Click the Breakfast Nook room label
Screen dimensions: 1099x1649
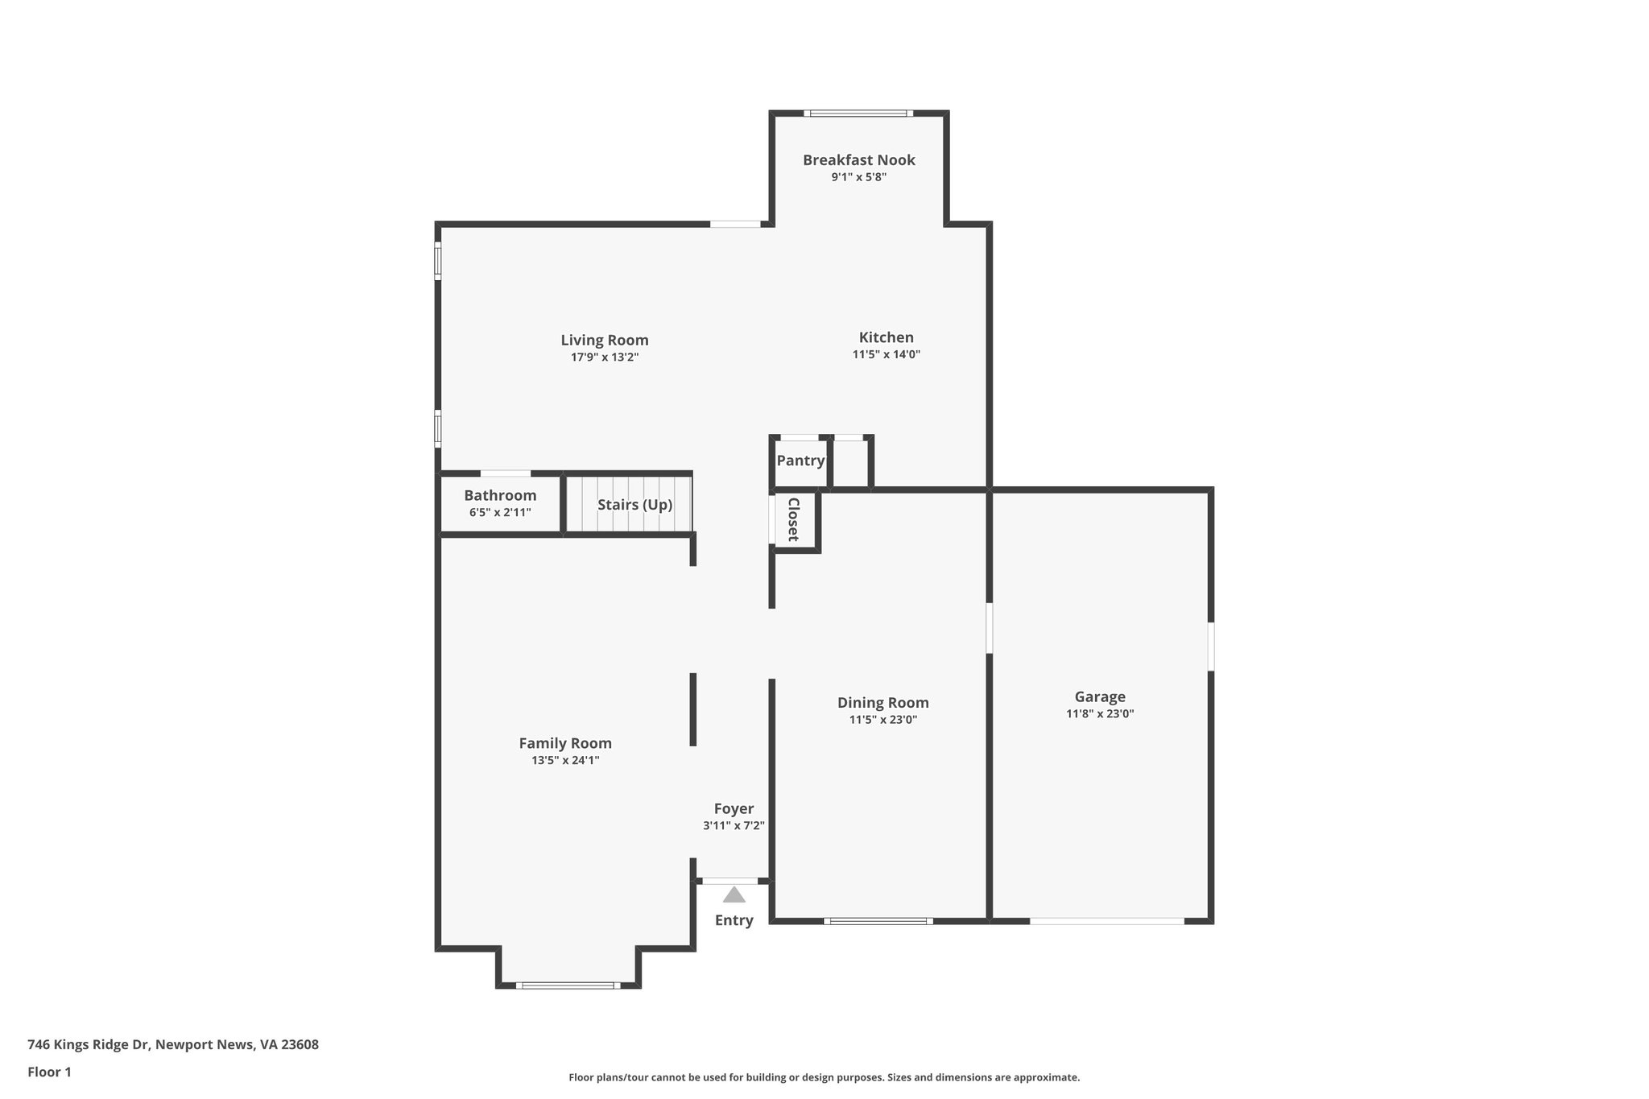pyautogui.click(x=858, y=160)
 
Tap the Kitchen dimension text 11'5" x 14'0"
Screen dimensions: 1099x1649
pyautogui.click(x=886, y=354)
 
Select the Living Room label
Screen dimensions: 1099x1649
pyautogui.click(x=604, y=340)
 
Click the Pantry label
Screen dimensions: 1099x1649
pyautogui.click(x=800, y=461)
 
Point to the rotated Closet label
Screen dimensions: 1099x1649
pyautogui.click(x=793, y=519)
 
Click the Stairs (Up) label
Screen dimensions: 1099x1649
pyautogui.click(x=634, y=505)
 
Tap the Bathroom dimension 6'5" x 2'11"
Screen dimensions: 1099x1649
pyautogui.click(x=499, y=512)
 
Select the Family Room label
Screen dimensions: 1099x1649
pyautogui.click(x=564, y=743)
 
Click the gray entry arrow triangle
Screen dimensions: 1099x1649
pyautogui.click(x=734, y=894)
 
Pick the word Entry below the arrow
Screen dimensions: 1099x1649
pyautogui.click(x=734, y=920)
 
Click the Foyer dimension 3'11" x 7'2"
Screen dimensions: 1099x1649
pyautogui.click(x=733, y=825)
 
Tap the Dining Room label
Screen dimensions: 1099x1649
pyautogui.click(x=882, y=703)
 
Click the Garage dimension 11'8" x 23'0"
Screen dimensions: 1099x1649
pyautogui.click(x=1099, y=713)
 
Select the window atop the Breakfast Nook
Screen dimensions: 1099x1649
pyautogui.click(x=858, y=114)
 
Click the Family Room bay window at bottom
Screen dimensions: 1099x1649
pyautogui.click(x=568, y=985)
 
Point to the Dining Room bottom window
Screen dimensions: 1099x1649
pyautogui.click(x=878, y=920)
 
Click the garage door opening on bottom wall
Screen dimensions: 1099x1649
pyautogui.click(x=1106, y=920)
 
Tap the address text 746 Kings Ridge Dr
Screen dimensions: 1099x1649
pyautogui.click(x=172, y=1044)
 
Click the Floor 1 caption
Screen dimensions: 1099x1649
pyautogui.click(x=49, y=1072)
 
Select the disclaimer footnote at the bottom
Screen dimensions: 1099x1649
pyautogui.click(x=824, y=1077)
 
